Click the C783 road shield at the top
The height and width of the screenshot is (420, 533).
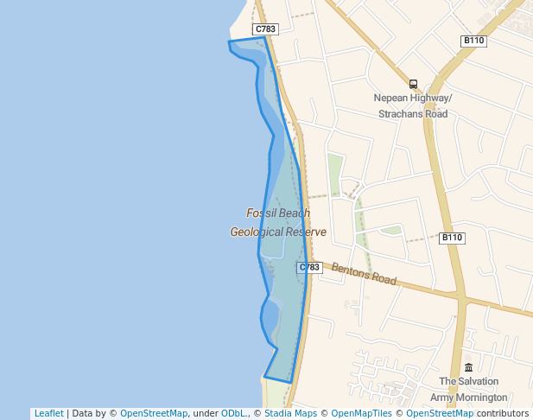pos(266,29)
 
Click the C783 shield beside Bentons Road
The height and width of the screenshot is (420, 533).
pos(309,267)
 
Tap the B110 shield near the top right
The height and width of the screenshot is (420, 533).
pos(473,41)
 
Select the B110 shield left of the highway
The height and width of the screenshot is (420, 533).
pos(452,238)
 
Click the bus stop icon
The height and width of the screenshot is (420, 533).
pos(413,84)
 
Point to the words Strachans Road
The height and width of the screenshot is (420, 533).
pos(413,114)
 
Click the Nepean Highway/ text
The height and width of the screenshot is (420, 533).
pos(412,98)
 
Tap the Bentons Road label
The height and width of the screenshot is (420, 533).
pos(364,275)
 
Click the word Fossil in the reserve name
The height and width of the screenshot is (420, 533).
pos(261,213)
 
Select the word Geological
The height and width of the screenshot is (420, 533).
pos(257,232)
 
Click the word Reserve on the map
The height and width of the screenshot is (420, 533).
pos(307,232)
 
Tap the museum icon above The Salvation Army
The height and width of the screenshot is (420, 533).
pos(468,367)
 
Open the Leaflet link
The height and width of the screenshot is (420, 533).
pos(48,413)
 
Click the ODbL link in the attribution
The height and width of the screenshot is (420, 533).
pos(233,413)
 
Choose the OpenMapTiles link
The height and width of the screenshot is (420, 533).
pos(362,413)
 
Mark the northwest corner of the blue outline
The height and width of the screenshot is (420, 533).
pos(229,41)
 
